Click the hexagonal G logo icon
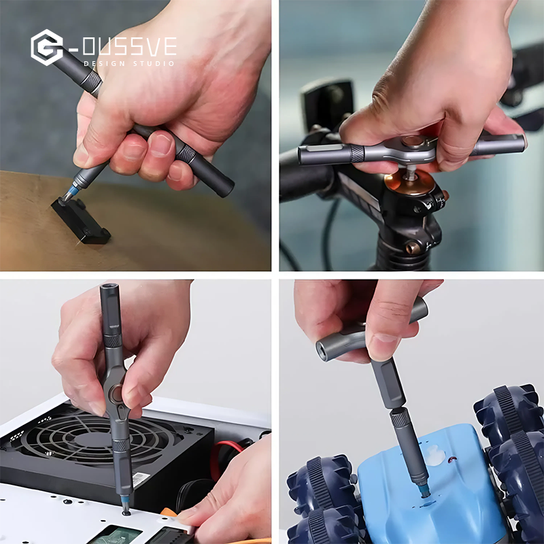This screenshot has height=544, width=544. click(x=46, y=48)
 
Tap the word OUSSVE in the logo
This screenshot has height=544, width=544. click(x=129, y=47)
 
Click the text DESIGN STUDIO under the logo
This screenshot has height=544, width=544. click(x=129, y=63)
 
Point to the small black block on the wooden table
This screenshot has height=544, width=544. click(x=81, y=220)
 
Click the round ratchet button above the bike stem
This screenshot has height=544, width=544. click(x=411, y=143)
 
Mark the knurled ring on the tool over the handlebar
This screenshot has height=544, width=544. click(x=358, y=153)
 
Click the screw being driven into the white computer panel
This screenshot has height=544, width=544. click(x=126, y=512)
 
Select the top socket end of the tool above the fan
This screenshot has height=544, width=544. click(x=109, y=291)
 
